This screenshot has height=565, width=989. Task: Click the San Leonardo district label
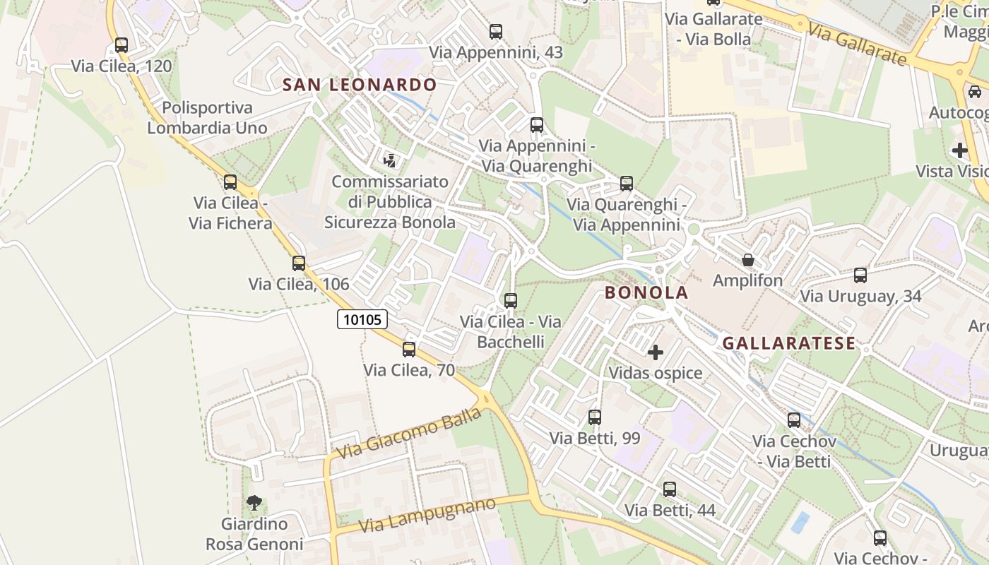click(360, 85)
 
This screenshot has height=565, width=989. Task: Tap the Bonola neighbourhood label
click(646, 292)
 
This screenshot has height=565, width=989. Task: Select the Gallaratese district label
click(788, 343)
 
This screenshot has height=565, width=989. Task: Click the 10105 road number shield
click(362, 319)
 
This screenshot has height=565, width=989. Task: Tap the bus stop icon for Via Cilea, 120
click(122, 45)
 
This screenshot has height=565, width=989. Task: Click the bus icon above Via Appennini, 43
click(496, 32)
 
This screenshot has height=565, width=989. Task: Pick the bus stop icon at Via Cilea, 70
click(409, 349)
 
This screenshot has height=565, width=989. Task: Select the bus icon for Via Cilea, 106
click(299, 263)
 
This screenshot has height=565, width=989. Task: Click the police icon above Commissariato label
click(389, 160)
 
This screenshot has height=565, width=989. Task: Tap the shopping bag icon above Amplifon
click(747, 260)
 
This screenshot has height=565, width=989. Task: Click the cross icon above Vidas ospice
click(656, 352)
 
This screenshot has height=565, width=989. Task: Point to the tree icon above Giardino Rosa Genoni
click(254, 503)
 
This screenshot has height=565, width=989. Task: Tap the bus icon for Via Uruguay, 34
click(860, 275)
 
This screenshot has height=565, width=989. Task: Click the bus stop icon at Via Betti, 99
click(595, 417)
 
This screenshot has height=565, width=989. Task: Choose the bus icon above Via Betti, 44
click(670, 489)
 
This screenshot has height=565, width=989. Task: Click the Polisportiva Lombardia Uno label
click(207, 118)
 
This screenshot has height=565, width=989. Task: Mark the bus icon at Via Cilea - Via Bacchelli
click(511, 301)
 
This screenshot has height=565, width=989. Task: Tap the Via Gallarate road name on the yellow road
click(856, 44)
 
